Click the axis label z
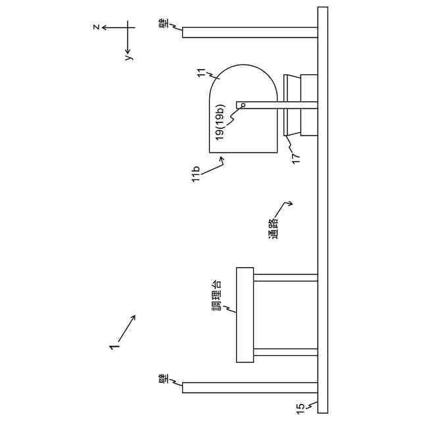click(97, 27)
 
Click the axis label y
click(130, 57)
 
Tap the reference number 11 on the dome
click(202, 73)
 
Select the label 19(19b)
click(221, 122)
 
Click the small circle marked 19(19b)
click(243, 105)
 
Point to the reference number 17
click(295, 159)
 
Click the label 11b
click(196, 174)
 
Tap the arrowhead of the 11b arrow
click(222, 160)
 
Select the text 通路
click(274, 229)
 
